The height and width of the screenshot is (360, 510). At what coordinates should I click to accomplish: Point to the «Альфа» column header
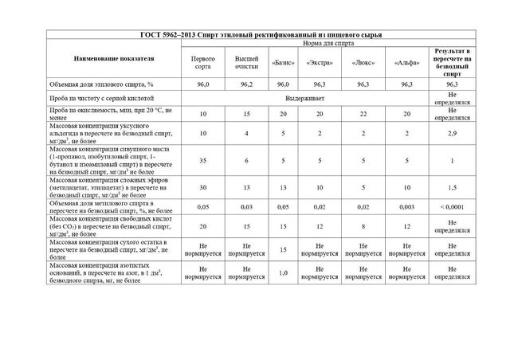(406, 61)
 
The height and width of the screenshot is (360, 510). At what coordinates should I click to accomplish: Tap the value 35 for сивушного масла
(203, 161)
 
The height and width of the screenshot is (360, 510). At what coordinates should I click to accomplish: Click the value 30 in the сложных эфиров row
(203, 187)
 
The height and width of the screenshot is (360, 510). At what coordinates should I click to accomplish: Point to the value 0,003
(406, 206)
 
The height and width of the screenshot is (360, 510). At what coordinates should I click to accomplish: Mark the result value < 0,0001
(452, 206)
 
